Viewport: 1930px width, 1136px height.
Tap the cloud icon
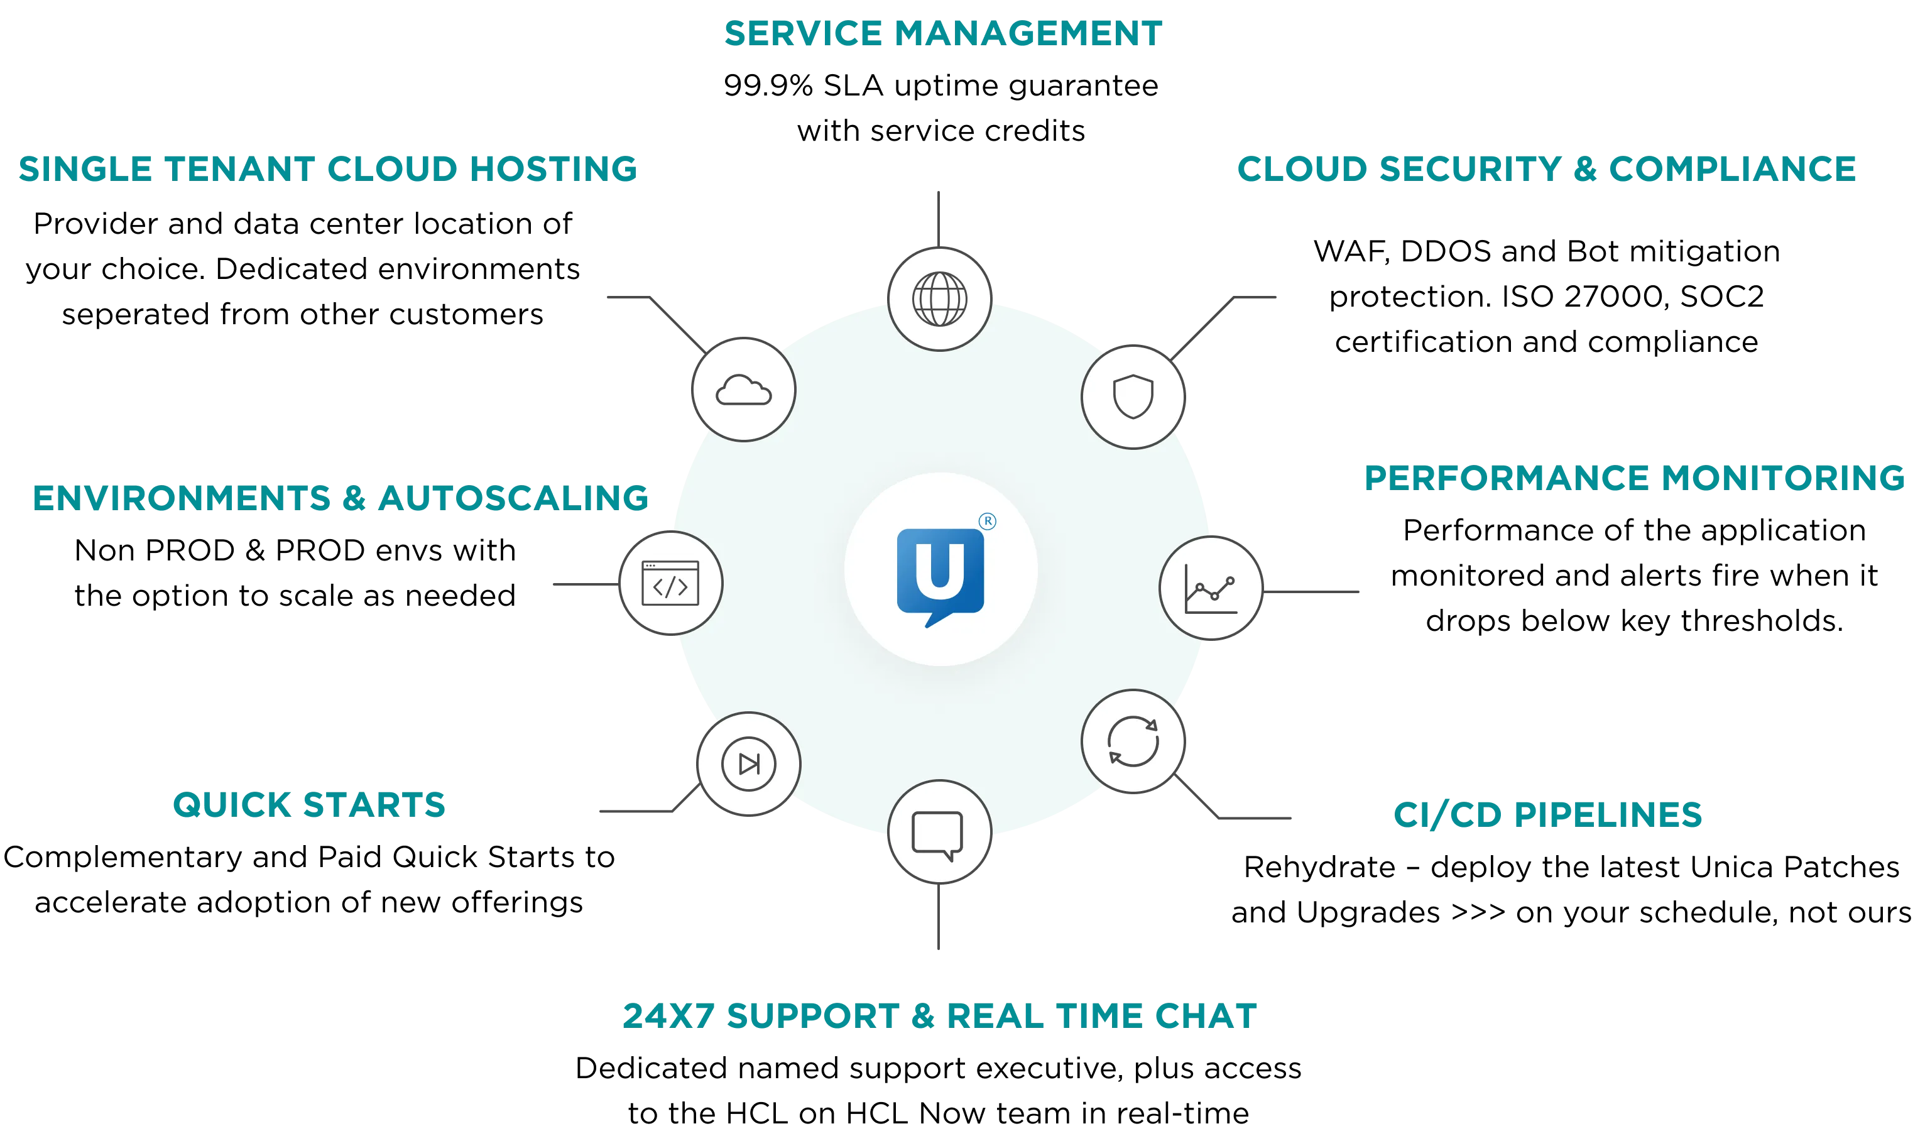click(x=744, y=390)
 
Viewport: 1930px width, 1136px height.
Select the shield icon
click(x=1133, y=397)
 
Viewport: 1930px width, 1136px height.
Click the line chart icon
click(x=1211, y=588)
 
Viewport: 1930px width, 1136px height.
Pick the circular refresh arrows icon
click(x=1133, y=741)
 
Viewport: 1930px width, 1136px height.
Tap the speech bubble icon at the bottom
click(x=938, y=833)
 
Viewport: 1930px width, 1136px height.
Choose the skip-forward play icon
click(x=749, y=763)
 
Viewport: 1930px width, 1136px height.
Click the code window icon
click(x=670, y=584)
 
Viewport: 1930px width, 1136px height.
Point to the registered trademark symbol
click(x=988, y=522)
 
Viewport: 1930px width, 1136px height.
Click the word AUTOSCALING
click(x=513, y=498)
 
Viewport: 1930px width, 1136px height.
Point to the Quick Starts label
click(x=308, y=805)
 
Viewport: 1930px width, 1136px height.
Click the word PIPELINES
click(x=1608, y=814)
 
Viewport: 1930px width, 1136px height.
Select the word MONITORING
click(x=1782, y=478)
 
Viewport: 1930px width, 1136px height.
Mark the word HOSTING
click(x=552, y=169)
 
